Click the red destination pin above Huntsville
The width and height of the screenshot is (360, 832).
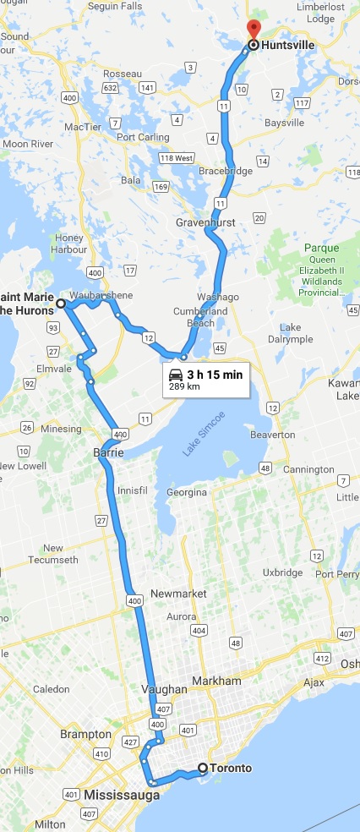(254, 28)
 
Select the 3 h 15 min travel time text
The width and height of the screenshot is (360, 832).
(215, 374)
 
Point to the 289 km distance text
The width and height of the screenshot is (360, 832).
(184, 387)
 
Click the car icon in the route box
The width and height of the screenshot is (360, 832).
(176, 375)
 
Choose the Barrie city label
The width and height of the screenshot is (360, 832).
(110, 453)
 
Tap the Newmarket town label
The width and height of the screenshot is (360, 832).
(177, 594)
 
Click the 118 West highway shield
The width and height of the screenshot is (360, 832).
(177, 158)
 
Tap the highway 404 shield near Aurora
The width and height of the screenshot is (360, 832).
(199, 631)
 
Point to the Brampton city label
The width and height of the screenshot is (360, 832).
(85, 734)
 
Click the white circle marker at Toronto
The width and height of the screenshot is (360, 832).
(203, 769)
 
